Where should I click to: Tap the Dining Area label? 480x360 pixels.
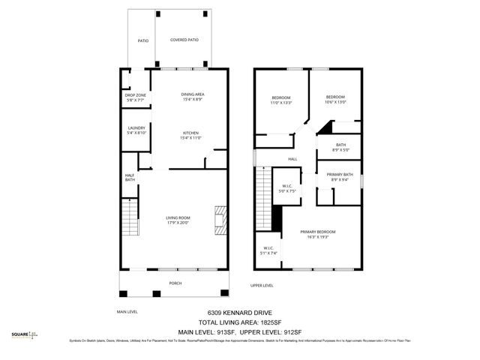(x=193, y=97)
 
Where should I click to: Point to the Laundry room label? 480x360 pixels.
(x=136, y=130)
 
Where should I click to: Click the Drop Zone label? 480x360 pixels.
(x=136, y=97)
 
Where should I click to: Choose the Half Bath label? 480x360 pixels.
(x=130, y=177)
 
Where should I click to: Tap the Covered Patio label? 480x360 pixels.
(x=184, y=40)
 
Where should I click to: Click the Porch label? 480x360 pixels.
(x=175, y=283)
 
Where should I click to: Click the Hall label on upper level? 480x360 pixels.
(x=292, y=159)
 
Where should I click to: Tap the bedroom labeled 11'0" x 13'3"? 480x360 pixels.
(x=281, y=100)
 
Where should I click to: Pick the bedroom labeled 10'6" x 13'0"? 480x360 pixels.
(x=335, y=99)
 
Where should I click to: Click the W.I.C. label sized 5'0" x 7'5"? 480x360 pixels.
(x=286, y=188)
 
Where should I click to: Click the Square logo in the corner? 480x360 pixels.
(x=26, y=335)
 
